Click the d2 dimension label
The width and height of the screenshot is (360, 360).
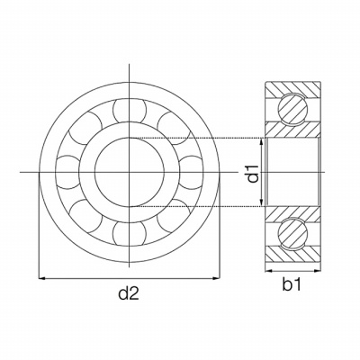pyautogui.click(x=129, y=293)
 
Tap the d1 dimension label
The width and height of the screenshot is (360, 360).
pyautogui.click(x=253, y=173)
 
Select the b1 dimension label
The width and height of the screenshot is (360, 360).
pyautogui.click(x=292, y=284)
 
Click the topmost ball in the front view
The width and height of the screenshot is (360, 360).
pyautogui.click(x=130, y=111)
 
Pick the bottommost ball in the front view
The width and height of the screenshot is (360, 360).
pyautogui.click(x=130, y=233)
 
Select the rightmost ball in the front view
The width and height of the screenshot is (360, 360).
pyautogui.click(x=191, y=172)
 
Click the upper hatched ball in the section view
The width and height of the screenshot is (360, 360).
pyautogui.click(x=292, y=109)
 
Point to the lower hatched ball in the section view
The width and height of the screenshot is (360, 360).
pyautogui.click(x=292, y=234)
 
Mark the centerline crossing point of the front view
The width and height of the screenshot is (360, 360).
pyautogui.click(x=130, y=172)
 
